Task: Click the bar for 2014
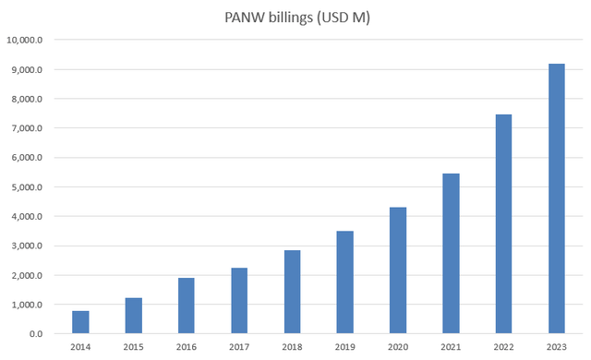80,322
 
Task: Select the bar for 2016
187,306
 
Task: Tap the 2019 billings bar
344,282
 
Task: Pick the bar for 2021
451,253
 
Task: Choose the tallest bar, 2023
557,198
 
